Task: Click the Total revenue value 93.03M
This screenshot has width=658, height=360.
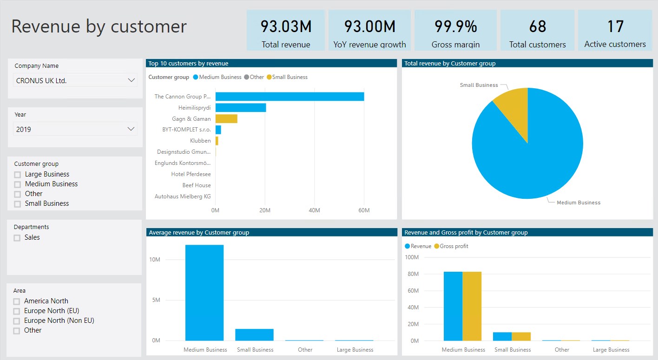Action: pos(286,26)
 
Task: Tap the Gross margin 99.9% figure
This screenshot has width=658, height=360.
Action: pos(455,26)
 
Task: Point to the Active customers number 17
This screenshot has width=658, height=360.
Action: pos(615,26)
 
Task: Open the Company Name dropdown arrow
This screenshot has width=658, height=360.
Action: pos(131,80)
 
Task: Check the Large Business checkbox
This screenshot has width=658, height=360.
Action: pos(18,175)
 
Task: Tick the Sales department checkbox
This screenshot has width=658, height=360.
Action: pos(17,238)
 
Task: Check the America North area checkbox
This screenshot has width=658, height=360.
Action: pos(17,301)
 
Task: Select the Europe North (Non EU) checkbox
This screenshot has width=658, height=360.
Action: pos(17,321)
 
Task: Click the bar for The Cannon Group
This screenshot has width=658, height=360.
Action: pos(290,97)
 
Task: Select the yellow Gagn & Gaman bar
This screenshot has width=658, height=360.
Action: pos(226,119)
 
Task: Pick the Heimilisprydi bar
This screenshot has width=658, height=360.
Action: pos(241,108)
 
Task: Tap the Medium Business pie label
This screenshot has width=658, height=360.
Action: pos(579,203)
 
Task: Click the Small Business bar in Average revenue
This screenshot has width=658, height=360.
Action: pos(254,334)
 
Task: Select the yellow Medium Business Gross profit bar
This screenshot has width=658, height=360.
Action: pos(472,306)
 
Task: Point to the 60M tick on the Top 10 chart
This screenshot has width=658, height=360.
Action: pos(364,210)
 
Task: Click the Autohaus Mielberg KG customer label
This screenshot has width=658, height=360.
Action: pos(183,196)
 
